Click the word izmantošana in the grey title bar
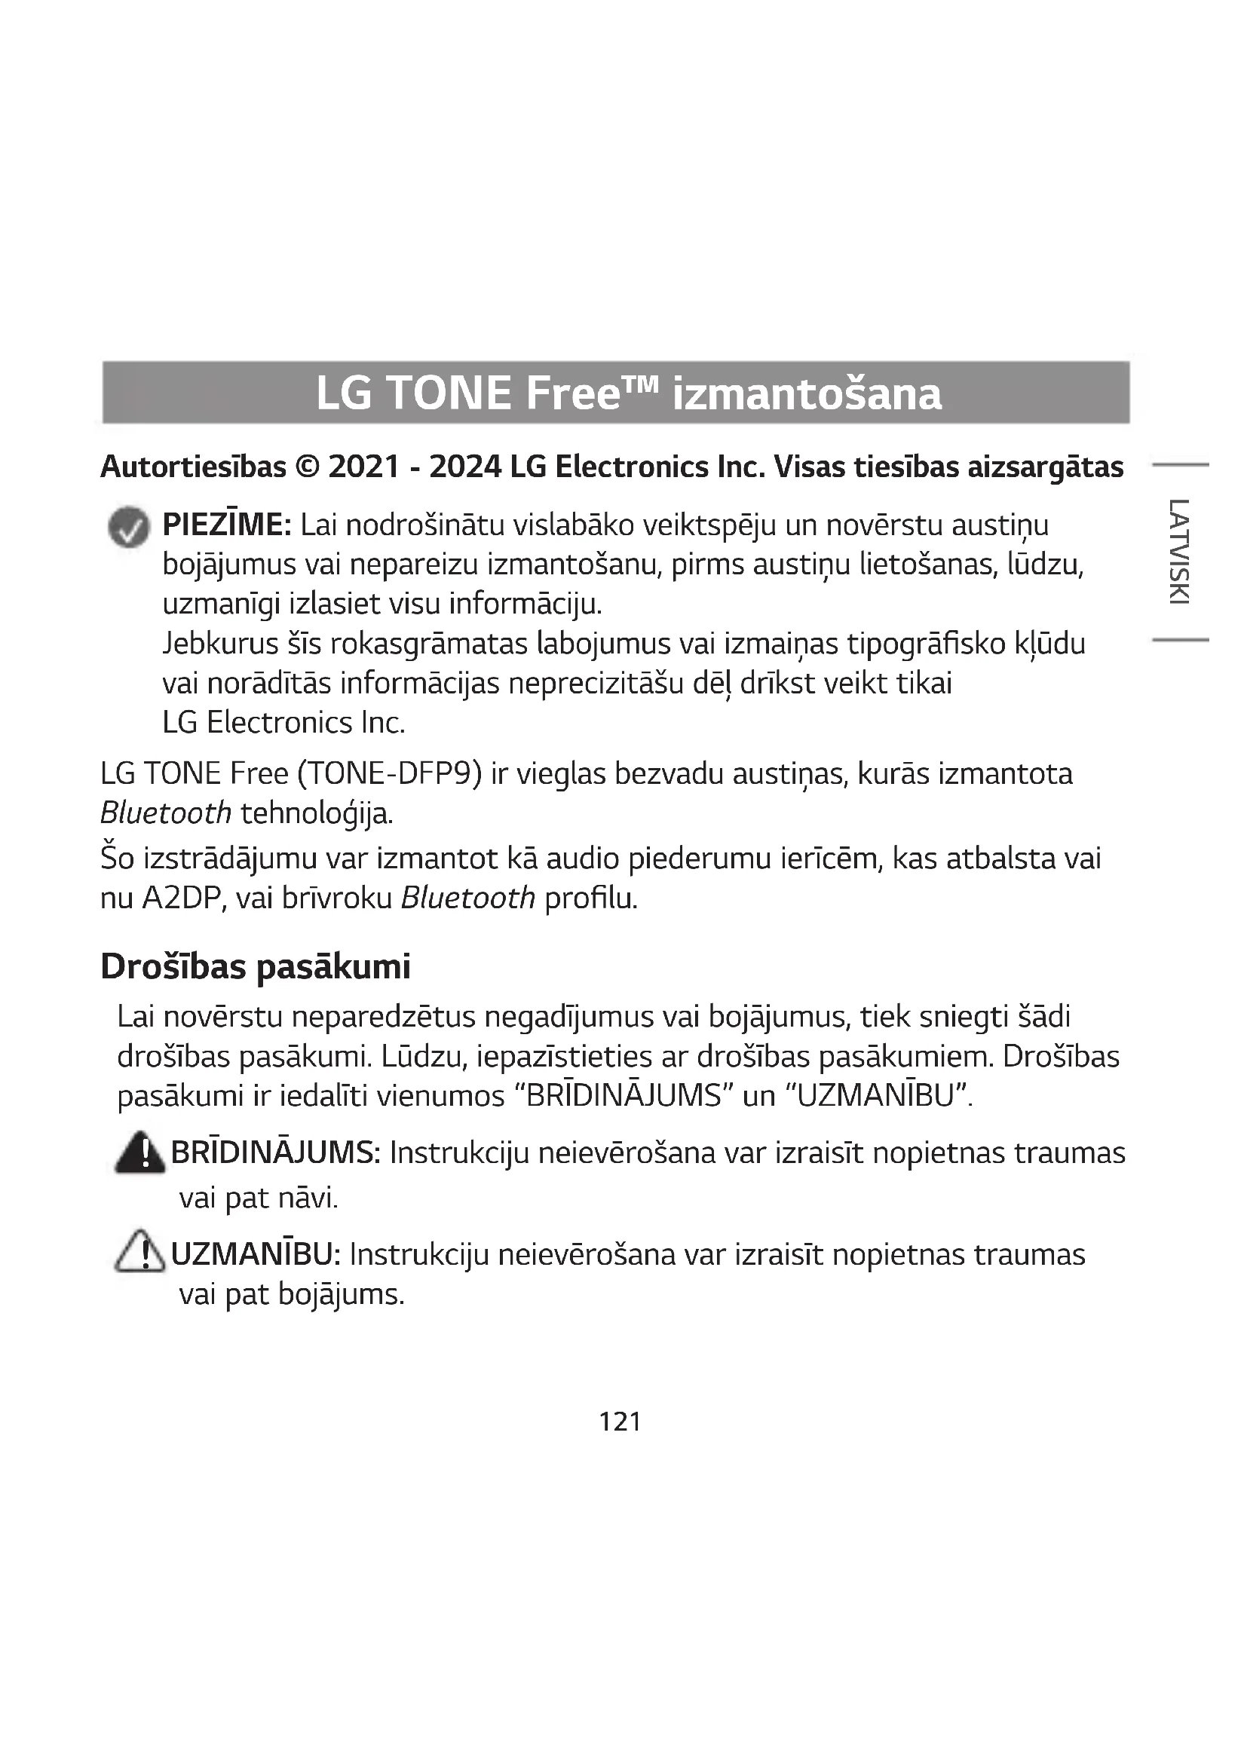[806, 394]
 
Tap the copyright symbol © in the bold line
[307, 467]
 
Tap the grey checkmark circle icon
[129, 528]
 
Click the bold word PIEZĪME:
[226, 526]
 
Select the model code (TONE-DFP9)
[389, 774]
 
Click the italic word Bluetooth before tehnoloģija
[166, 813]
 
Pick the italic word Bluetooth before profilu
[467, 898]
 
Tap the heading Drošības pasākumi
[256, 967]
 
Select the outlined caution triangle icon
[139, 1252]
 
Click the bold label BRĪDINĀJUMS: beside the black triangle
[276, 1153]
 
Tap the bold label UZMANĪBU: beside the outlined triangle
[256, 1255]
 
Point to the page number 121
[620, 1422]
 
